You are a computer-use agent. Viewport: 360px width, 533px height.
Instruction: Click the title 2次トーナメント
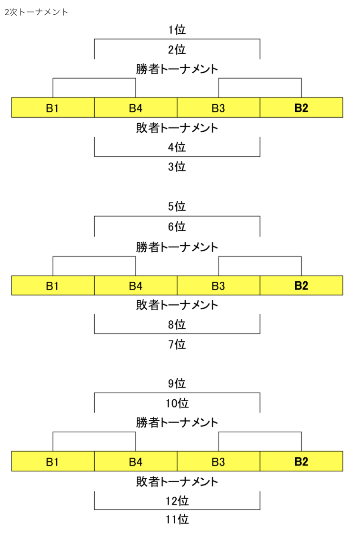36,12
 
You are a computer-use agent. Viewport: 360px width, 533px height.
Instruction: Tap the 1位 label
177,30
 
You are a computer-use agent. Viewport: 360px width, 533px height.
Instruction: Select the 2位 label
177,49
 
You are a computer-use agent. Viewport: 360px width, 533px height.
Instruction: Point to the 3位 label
177,167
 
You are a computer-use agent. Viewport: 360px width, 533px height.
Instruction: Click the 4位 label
177,147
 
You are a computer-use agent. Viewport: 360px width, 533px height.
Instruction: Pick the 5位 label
177,207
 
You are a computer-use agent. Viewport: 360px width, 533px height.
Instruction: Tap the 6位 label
177,227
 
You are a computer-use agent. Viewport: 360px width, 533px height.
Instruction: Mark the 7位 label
177,345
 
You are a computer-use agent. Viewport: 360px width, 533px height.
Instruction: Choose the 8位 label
177,324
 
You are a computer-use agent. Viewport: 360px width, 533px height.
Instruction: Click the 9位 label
177,384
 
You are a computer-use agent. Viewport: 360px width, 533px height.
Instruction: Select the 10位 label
177,403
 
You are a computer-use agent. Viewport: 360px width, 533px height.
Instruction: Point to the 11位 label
177,519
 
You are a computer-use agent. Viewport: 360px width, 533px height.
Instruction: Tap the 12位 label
177,501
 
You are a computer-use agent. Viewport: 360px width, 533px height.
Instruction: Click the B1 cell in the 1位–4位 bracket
53,108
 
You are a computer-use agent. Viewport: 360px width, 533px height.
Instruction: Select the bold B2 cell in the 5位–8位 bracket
301,285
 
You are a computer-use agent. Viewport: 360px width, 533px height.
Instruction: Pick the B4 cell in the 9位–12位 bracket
136,461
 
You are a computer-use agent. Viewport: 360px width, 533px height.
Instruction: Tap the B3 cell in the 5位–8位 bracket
219,285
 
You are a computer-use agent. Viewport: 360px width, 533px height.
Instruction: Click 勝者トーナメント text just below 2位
177,69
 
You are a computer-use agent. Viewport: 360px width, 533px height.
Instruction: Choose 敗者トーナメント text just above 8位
177,305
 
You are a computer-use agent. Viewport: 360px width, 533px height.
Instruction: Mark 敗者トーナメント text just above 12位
177,481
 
